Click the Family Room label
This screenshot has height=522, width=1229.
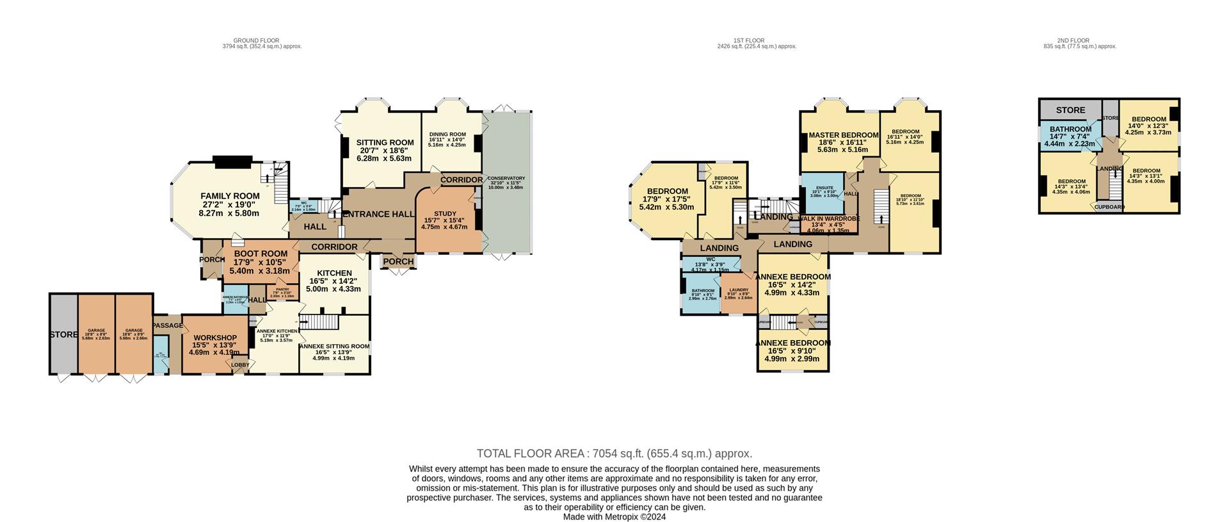click(x=230, y=196)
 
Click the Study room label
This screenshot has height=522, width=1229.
click(x=445, y=214)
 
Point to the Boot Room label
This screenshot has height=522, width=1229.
click(x=261, y=254)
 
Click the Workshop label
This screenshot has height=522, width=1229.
click(x=215, y=338)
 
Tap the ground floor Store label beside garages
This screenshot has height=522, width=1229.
click(x=63, y=334)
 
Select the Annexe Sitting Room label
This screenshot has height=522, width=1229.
click(x=334, y=347)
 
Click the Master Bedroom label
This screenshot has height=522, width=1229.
click(x=842, y=135)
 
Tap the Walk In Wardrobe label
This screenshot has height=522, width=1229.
click(x=828, y=218)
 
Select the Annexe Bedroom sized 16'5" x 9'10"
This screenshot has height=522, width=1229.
click(x=792, y=343)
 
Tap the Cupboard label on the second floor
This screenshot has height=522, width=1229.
click(x=1109, y=207)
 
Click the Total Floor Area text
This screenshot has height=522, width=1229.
click(x=614, y=453)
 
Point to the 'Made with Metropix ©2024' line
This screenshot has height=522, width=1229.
click(x=614, y=517)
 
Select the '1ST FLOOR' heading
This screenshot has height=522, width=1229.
click(x=748, y=40)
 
